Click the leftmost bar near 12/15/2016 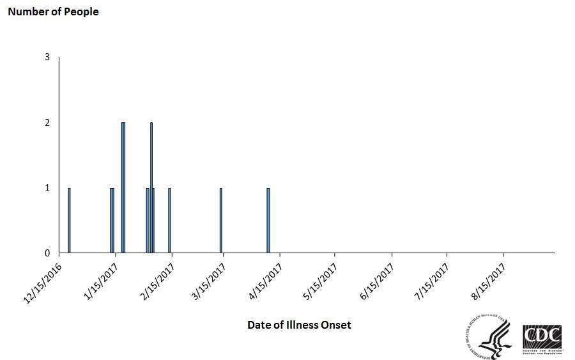coord(69,220)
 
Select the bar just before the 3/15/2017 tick coord(220,220)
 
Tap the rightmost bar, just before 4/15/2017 coord(268,220)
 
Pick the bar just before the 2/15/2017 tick coord(169,220)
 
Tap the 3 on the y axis coord(47,58)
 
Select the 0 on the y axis coord(47,253)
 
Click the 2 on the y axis coord(47,123)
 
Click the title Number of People coord(53,12)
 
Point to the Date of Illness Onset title coord(299,325)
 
